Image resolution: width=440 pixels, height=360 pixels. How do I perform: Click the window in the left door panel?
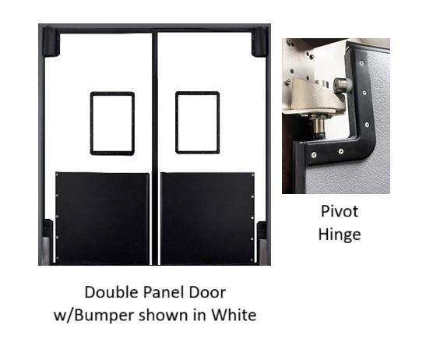point(112,122)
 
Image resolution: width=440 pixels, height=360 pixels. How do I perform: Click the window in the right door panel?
point(197,122)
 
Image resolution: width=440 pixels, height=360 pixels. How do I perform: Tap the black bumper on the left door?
point(102,218)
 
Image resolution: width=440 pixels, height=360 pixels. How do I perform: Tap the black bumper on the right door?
point(207,218)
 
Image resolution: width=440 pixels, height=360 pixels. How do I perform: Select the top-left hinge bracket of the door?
point(51,41)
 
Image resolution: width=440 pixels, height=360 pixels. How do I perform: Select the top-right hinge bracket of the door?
point(260,41)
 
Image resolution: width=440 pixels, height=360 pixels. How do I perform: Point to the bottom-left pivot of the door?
point(48,242)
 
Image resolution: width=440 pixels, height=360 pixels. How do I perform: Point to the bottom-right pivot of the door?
point(262,242)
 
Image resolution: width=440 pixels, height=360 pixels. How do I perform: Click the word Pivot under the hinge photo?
point(340,211)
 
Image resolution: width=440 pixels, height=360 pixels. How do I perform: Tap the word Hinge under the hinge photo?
point(340,233)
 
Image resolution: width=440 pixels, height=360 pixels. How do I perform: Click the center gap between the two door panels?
point(154,148)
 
